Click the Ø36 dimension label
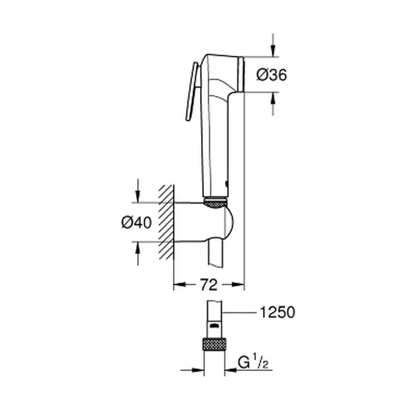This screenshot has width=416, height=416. [272, 75]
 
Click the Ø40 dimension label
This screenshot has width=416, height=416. [136, 222]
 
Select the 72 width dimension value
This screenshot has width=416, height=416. [208, 285]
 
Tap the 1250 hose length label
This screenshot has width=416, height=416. [276, 313]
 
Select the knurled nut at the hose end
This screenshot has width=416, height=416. [214, 344]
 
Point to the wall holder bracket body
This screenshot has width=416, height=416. [203, 222]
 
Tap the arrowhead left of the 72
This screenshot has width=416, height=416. [179, 286]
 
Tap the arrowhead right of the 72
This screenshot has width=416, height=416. [239, 286]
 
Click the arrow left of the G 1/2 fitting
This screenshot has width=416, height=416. [198, 370]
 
